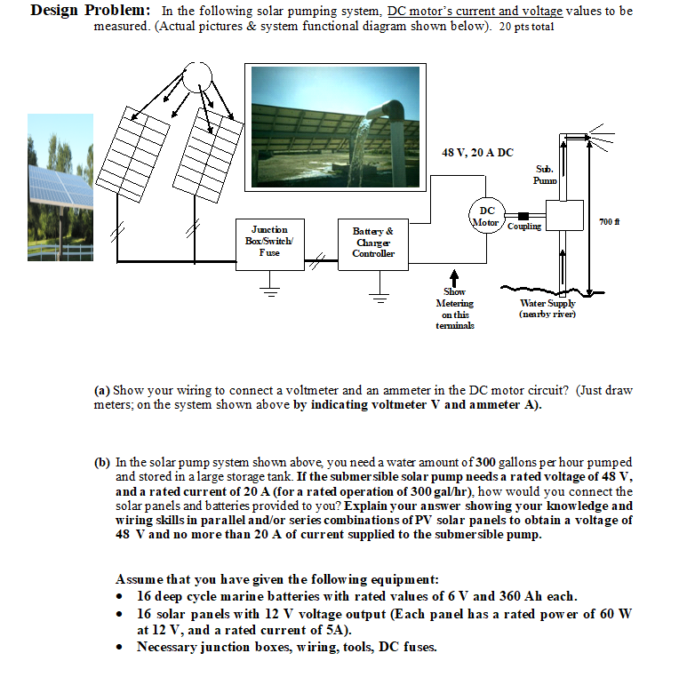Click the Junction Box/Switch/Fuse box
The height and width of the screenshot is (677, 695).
click(269, 241)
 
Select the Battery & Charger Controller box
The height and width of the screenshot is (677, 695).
click(373, 242)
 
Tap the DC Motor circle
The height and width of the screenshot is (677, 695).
click(484, 217)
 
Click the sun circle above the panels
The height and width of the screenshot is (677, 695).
click(196, 77)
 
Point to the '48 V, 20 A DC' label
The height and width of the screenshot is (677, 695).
click(477, 153)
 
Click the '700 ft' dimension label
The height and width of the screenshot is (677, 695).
click(608, 219)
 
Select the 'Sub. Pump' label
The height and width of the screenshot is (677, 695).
click(544, 174)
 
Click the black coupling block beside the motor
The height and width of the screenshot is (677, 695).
click(523, 215)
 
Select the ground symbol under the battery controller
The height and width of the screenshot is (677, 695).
click(379, 298)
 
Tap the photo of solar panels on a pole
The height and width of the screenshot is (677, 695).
click(60, 187)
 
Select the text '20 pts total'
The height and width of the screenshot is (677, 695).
click(522, 27)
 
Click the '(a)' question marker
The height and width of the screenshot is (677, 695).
click(102, 391)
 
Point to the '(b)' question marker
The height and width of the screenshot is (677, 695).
click(103, 463)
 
